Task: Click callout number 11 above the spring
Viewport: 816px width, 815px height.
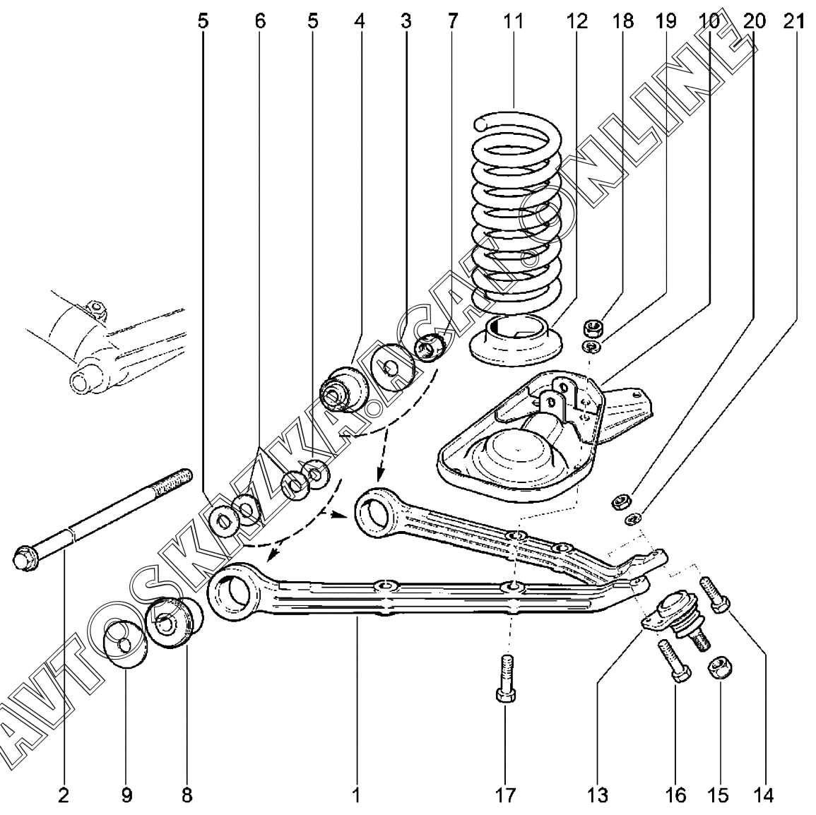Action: (513, 21)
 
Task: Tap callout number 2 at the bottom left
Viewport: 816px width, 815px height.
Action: (64, 795)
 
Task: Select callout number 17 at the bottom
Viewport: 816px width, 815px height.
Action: (506, 795)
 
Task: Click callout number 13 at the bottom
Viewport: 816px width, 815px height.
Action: (597, 795)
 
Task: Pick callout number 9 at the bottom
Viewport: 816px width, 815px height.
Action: (126, 795)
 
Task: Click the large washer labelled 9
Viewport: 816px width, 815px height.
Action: (124, 645)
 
